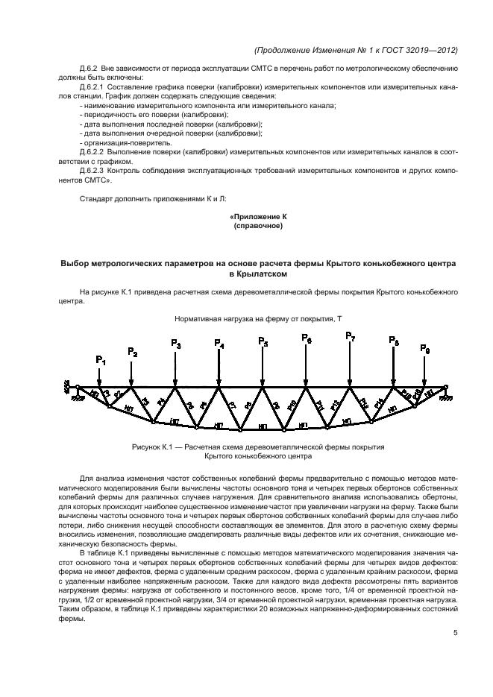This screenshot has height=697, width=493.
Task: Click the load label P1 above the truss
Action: coord(101,361)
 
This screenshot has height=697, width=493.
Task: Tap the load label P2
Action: coord(132,352)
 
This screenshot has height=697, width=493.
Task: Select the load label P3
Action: coord(175,344)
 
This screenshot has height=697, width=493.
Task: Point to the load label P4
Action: coord(219,344)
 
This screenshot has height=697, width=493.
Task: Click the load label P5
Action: coord(263,341)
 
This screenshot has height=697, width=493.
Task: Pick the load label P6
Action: coord(307,338)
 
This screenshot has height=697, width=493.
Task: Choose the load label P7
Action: coord(350,336)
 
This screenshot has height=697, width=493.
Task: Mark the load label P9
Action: coord(424,348)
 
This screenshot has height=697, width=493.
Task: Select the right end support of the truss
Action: coord(446,389)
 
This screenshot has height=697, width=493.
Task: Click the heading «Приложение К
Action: coord(257,216)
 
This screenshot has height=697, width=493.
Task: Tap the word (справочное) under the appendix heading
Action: coord(257,225)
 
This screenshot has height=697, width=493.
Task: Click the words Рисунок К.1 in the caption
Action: coord(154,447)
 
